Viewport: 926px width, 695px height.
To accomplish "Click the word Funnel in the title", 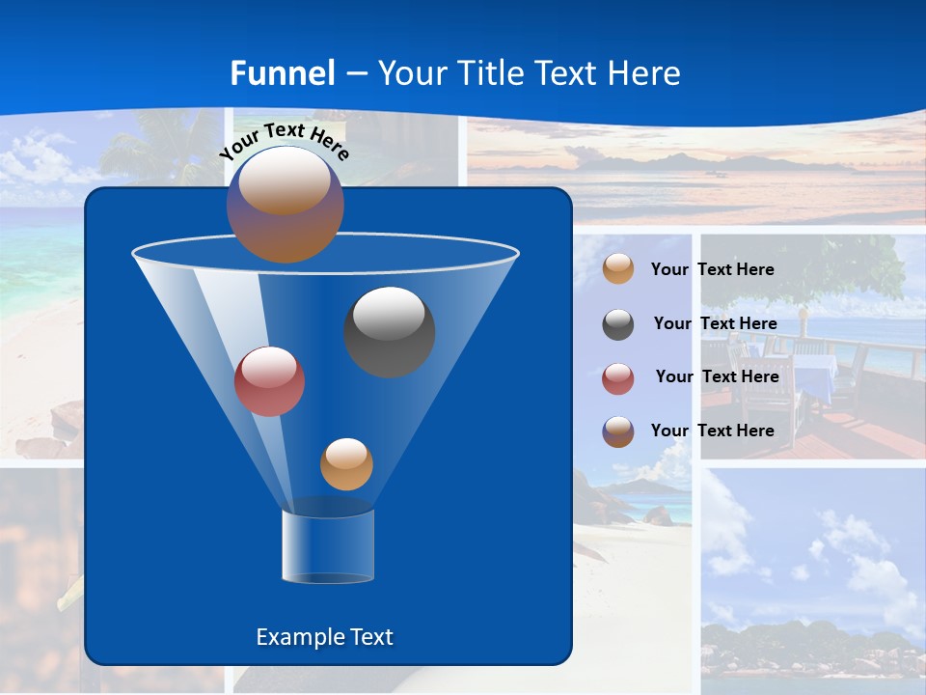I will point(283,72).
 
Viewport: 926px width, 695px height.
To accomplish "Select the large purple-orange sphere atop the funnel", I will point(285,204).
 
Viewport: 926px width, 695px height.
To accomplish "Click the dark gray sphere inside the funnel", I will point(389,332).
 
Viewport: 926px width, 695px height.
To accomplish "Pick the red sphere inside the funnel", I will point(269,381).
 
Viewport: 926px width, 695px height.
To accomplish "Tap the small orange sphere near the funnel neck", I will point(346,463).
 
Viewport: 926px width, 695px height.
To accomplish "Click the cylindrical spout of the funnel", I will point(328,546).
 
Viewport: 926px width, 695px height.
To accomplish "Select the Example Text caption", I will point(324,637).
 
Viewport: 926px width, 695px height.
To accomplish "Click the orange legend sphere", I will point(618,269).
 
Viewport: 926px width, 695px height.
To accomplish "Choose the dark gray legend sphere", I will point(618,324).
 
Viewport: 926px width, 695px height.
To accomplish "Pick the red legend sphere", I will point(618,377).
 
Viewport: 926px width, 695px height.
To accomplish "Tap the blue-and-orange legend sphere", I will point(618,431).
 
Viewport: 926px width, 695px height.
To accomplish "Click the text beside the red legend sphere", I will point(717,376).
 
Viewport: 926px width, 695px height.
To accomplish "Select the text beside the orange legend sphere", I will point(712,269).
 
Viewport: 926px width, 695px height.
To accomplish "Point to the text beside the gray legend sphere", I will point(715,323).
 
